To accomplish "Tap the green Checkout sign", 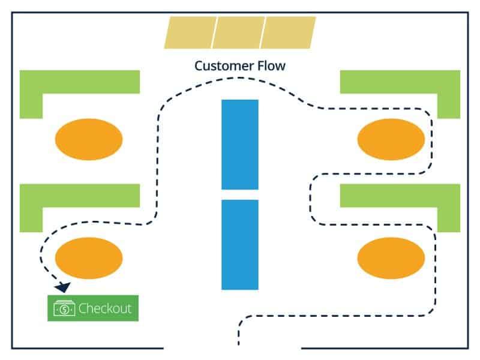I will [x=93, y=308].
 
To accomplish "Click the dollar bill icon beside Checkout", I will [x=64, y=308].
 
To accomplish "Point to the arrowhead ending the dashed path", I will [x=62, y=287].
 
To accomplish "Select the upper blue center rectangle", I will [x=240, y=144].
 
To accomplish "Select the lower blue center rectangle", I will [x=240, y=245].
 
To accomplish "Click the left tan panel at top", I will [x=189, y=32].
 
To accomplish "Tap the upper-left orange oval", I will [x=89, y=139].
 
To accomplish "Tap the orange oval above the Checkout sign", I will [x=89, y=257].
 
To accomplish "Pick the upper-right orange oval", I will [x=391, y=139].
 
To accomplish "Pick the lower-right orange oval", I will [x=391, y=257].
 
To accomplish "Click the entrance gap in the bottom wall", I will [x=232, y=347].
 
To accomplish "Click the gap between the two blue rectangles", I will [x=240, y=194].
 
